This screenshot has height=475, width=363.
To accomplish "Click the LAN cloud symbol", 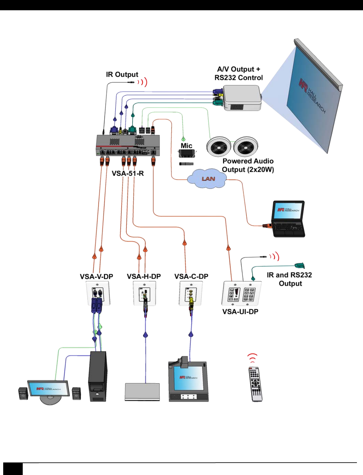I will coord(208,179).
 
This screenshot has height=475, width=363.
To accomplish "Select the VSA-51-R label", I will coord(128,174).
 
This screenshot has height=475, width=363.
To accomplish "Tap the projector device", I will coord(242,98).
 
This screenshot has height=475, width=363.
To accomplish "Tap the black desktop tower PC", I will coord(98,376).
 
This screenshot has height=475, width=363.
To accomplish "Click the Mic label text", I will coord(186,146).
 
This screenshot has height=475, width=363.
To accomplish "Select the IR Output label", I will coord(122,75).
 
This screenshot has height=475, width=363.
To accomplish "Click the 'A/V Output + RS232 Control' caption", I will coord(238,73).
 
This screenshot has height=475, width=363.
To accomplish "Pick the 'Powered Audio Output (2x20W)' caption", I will coord(248,165).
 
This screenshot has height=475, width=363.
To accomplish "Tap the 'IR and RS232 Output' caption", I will coord(289,279).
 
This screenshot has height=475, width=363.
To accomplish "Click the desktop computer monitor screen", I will coord(48,388).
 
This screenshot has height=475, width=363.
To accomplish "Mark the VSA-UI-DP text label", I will coord(240,311).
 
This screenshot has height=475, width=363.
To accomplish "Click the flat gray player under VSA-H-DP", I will coord(142,392).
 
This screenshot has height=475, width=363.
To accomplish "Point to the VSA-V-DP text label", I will coord(96,276).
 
